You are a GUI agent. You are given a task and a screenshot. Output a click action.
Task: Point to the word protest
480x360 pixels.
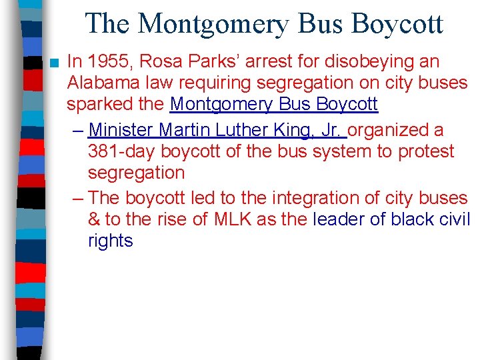[425, 151]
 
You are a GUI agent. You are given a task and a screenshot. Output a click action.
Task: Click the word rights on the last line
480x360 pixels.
[110, 241]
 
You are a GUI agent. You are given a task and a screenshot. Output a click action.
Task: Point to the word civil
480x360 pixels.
[454, 219]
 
